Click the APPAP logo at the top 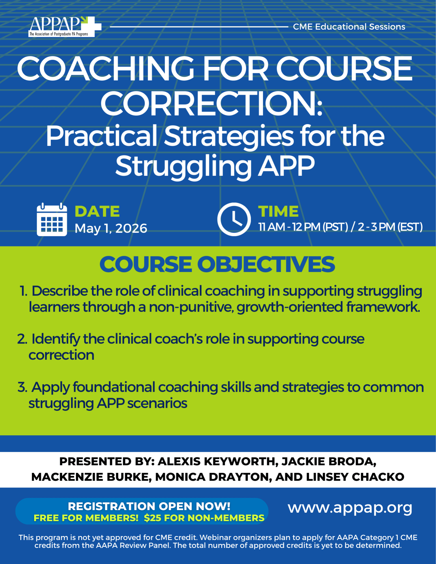click(x=65, y=27)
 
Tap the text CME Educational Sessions click(x=349, y=27)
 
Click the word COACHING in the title click(x=106, y=68)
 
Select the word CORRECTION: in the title click(x=212, y=104)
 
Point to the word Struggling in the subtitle click(x=184, y=167)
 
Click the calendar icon click(x=52, y=219)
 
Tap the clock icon click(x=234, y=219)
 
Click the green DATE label click(x=97, y=211)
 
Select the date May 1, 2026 click(x=111, y=228)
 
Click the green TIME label click(x=278, y=211)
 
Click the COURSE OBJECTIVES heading click(x=217, y=264)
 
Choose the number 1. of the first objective click(x=24, y=291)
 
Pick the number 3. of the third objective click(x=22, y=387)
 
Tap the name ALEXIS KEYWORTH click(x=216, y=462)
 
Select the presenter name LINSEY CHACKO click(x=355, y=477)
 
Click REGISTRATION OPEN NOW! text click(x=149, y=506)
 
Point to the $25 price click(x=152, y=518)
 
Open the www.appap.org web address click(x=350, y=508)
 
